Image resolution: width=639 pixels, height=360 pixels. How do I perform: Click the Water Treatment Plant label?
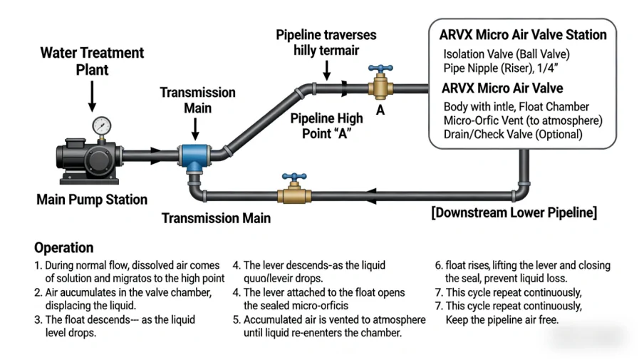point(92,61)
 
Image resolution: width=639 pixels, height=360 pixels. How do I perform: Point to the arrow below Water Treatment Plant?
point(92,95)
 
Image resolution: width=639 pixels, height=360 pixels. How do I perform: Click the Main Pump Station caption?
point(92,200)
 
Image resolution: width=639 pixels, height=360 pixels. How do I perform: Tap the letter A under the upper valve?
point(380,110)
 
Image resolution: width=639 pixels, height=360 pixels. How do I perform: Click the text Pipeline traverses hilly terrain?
point(326,43)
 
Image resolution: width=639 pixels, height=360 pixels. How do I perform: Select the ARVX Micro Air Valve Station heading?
point(523,34)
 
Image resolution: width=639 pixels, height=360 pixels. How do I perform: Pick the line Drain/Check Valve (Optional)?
point(513,134)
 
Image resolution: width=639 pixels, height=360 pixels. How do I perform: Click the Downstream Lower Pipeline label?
point(514,212)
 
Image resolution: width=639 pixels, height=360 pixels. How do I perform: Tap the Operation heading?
point(64,247)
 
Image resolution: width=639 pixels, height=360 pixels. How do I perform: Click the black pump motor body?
point(78,155)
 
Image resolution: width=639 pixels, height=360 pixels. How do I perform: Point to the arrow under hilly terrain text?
point(326,70)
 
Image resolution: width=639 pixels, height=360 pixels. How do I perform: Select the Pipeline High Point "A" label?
point(326,125)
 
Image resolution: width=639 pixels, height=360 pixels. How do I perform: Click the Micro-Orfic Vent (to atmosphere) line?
point(523,120)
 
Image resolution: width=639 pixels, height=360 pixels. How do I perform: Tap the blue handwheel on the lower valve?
point(293,176)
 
